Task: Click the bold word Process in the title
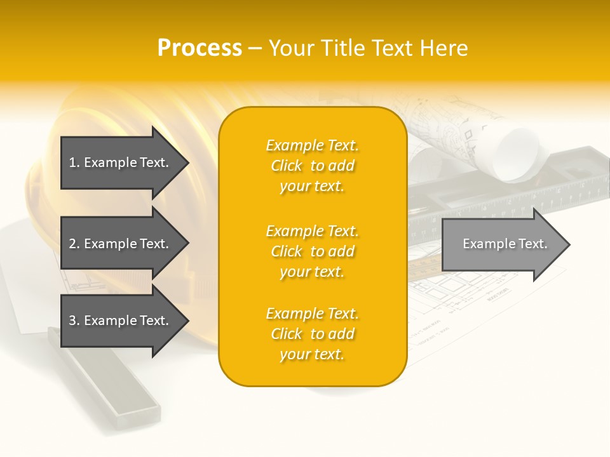coord(200,48)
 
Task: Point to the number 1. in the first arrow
coord(74,162)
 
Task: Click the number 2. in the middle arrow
coord(74,244)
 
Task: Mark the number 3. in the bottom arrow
coord(74,321)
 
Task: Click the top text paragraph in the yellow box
coord(312,166)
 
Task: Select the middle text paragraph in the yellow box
coord(312,251)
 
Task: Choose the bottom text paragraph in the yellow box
coord(312,334)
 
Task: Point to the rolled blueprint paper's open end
coord(518,152)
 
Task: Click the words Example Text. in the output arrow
coord(505,244)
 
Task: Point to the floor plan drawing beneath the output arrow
coord(470,298)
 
